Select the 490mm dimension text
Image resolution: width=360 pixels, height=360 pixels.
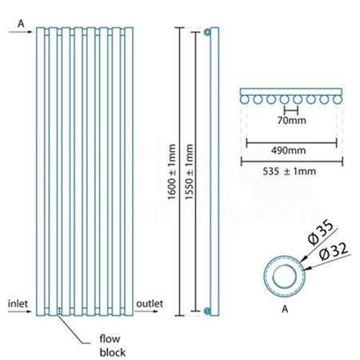(290, 149)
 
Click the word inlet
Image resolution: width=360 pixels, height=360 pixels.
(18, 303)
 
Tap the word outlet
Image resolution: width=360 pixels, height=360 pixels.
(150, 303)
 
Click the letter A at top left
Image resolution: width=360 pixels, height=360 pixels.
(19, 24)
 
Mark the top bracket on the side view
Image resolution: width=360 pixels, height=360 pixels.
(207, 32)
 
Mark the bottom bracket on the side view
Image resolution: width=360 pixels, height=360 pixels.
(207, 310)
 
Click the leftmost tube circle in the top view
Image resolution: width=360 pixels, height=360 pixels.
(246, 101)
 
